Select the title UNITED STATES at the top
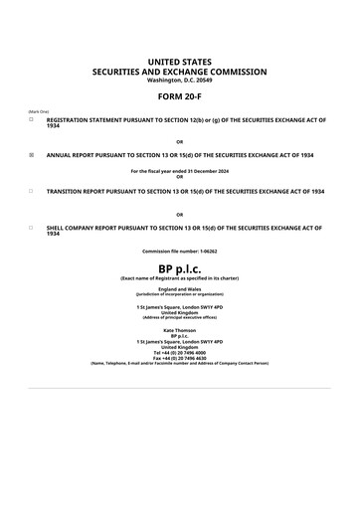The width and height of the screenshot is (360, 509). pos(179,62)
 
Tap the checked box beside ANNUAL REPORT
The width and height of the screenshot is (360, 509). pos(31,155)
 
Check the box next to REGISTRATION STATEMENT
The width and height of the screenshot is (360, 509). pos(31,119)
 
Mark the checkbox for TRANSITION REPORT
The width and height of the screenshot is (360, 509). pos(31,191)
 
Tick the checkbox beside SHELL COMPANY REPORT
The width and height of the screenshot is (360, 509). pos(31,227)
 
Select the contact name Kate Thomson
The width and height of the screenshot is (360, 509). pos(179,329)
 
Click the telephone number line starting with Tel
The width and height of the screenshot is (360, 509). pos(179,352)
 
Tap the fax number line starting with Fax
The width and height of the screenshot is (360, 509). pos(179,358)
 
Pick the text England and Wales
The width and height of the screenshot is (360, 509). pos(179,289)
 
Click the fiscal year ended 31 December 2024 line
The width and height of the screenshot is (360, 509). pos(179,171)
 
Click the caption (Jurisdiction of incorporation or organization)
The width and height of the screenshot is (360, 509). pos(179,294)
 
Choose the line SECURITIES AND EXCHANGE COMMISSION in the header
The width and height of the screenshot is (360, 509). pos(179,72)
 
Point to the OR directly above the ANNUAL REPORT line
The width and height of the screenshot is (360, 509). pos(179,141)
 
